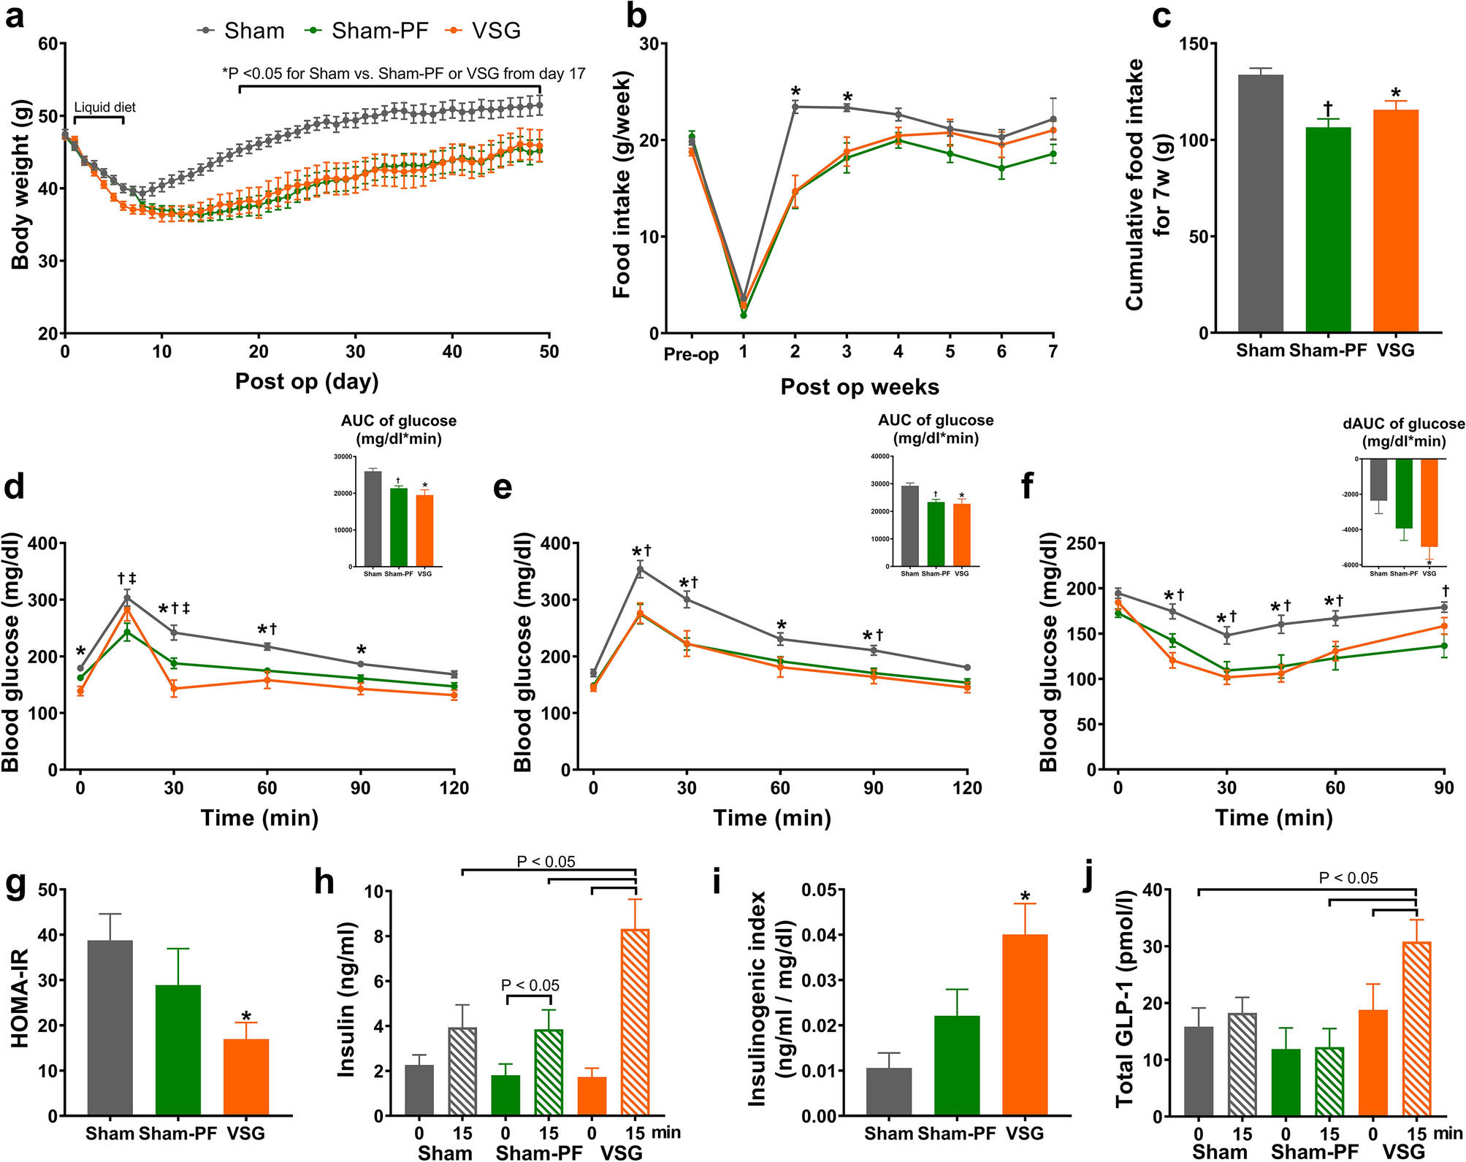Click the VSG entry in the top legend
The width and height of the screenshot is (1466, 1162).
click(x=495, y=31)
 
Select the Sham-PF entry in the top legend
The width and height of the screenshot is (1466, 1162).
click(x=379, y=31)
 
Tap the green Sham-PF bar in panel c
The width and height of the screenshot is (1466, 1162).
click(x=1328, y=230)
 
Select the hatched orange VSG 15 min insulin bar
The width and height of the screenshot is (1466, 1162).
click(x=635, y=1022)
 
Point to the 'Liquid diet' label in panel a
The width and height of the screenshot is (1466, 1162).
click(x=105, y=107)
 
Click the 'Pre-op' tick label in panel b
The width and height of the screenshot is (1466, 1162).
click(x=691, y=355)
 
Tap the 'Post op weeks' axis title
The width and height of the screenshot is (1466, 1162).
click(x=860, y=386)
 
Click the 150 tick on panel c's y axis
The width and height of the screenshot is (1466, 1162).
click(x=1194, y=44)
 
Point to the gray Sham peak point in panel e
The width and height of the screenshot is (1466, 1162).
click(x=641, y=569)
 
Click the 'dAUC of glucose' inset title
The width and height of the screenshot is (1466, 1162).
click(x=1403, y=424)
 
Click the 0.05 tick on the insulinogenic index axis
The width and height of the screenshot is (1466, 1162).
click(x=819, y=890)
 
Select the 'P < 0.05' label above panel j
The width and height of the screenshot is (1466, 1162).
click(x=1348, y=878)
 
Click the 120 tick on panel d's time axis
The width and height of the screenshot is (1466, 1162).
click(x=454, y=788)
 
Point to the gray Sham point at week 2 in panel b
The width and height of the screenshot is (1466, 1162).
click(x=795, y=107)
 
